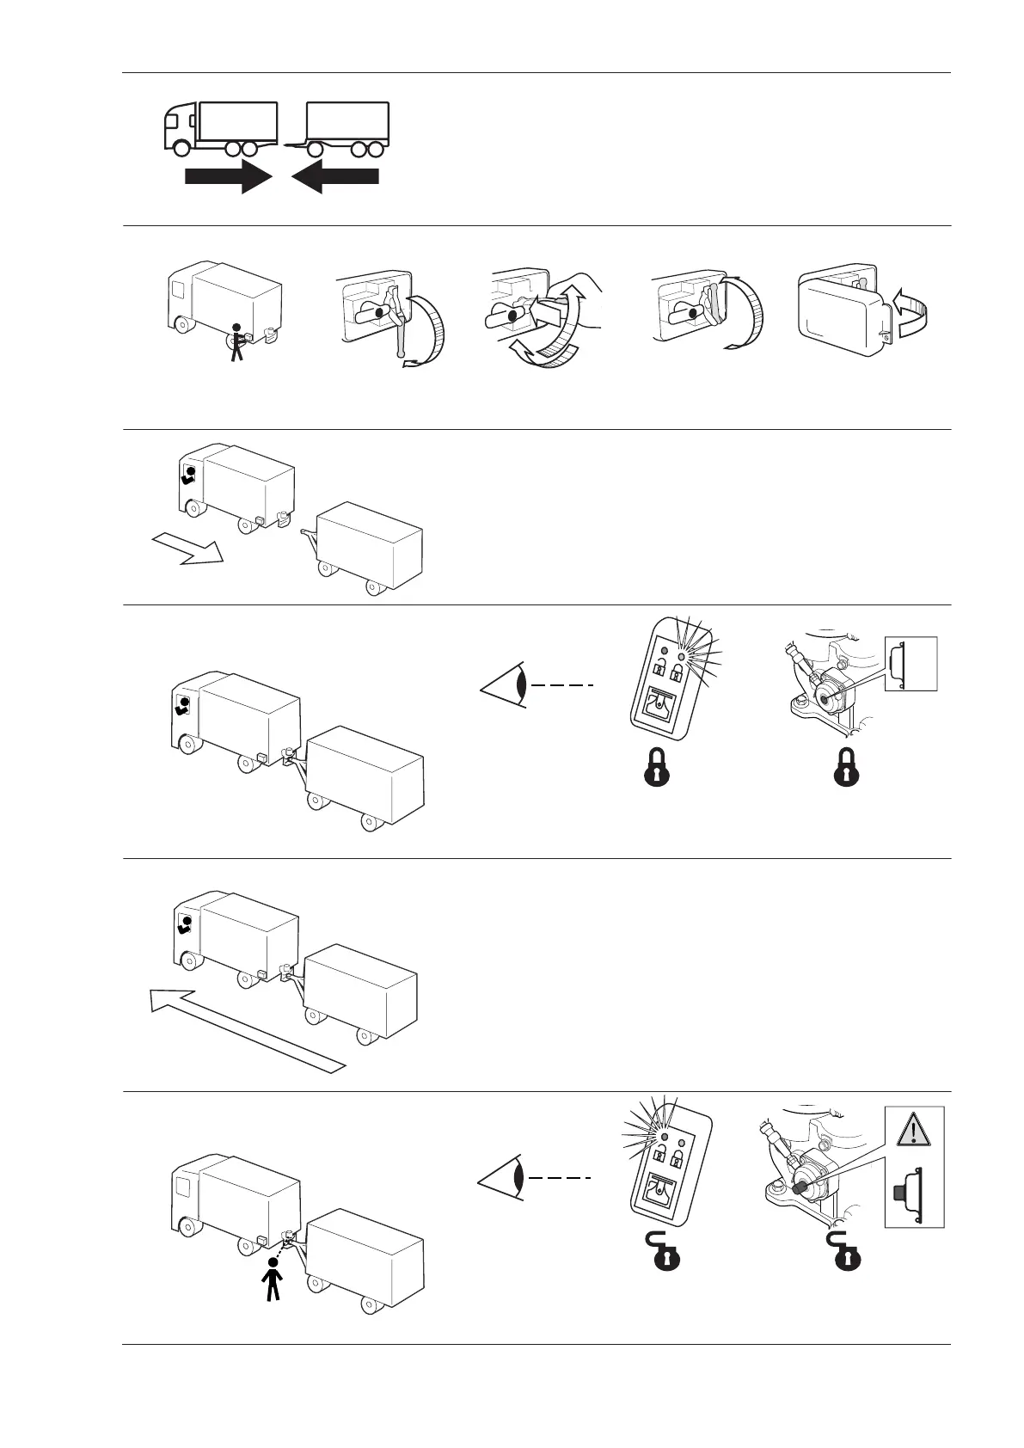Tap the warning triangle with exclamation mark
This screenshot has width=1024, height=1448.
(914, 1127)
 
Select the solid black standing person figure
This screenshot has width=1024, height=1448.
(273, 1279)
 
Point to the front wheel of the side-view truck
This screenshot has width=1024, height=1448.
(181, 148)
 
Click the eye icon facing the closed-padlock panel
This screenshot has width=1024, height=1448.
(503, 685)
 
